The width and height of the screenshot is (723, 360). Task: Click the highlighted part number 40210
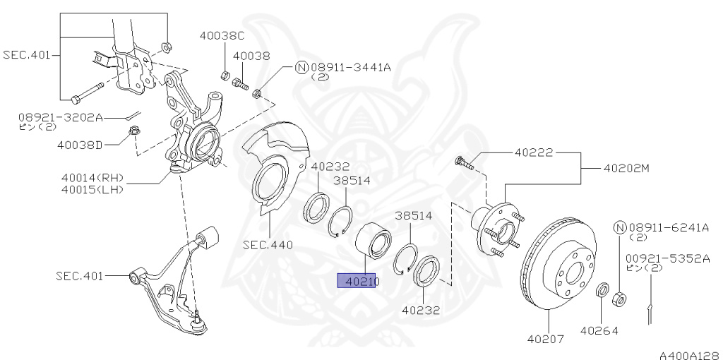[359, 281]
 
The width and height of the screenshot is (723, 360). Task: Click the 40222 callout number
[534, 152]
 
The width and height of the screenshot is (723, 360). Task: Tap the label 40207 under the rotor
[545, 339]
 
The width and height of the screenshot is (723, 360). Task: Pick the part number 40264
[599, 329]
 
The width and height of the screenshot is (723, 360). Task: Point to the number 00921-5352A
[667, 258]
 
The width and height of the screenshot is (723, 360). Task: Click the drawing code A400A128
[690, 355]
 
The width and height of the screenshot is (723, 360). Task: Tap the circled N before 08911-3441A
[301, 68]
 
